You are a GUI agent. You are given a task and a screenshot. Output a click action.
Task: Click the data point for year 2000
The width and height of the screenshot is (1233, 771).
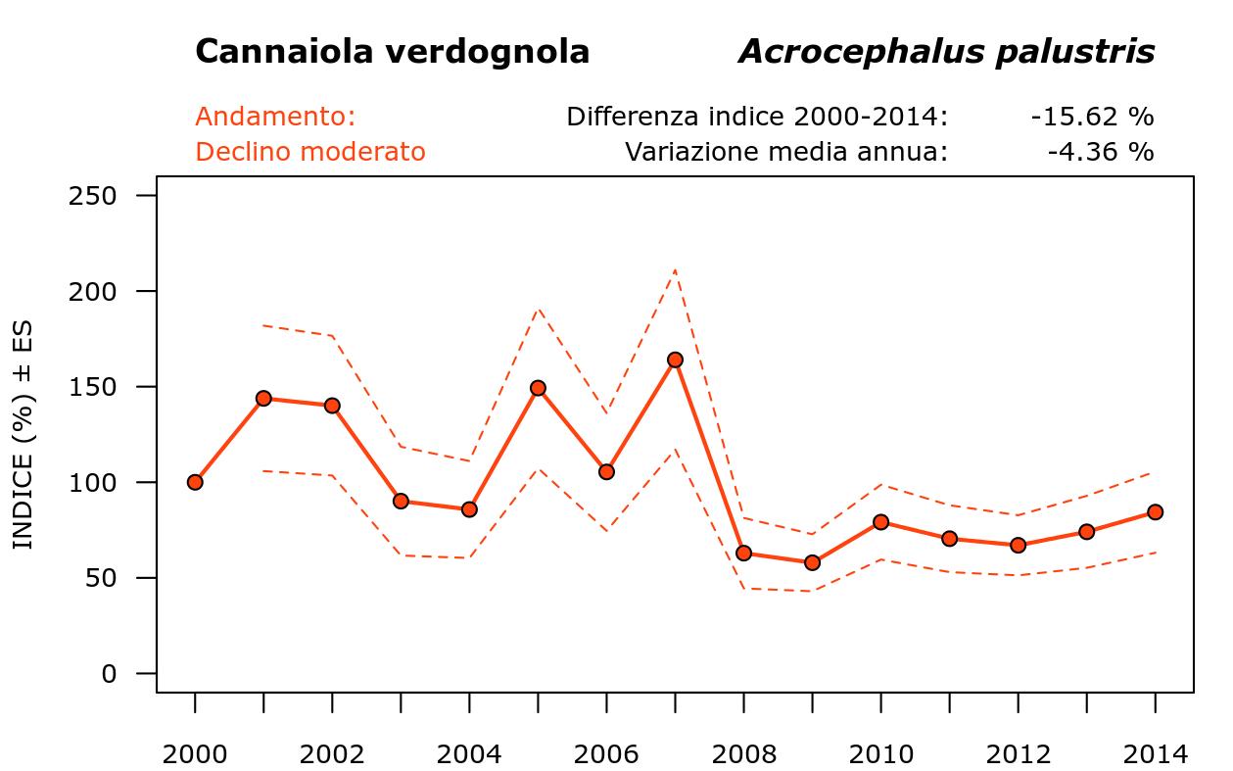pos(195,482)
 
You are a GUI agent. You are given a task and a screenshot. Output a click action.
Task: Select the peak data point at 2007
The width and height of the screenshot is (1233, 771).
pos(675,360)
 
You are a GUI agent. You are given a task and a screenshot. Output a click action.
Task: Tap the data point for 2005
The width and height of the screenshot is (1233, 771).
pos(538,388)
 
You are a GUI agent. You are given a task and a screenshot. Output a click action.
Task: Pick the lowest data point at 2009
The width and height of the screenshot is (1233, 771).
pos(812,562)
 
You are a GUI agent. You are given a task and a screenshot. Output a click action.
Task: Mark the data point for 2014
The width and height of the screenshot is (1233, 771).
pos(1155,511)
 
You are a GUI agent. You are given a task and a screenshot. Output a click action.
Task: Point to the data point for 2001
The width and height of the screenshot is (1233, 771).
pos(263,398)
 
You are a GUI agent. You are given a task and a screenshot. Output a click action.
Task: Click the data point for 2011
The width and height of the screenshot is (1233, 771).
pos(949,539)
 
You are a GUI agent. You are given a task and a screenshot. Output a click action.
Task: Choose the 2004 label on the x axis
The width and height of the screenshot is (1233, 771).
pos(469,754)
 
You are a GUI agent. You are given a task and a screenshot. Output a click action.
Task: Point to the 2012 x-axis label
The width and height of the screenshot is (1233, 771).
pos(1018,754)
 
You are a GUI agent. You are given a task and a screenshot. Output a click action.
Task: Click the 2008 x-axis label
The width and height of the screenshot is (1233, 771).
pos(743,754)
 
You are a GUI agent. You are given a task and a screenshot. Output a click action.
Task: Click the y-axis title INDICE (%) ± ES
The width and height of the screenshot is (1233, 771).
pos(23,434)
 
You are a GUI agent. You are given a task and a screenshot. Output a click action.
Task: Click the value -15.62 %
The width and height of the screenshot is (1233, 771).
pos(1092,117)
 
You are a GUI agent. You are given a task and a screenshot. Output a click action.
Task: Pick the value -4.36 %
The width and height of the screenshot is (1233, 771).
pos(1100,152)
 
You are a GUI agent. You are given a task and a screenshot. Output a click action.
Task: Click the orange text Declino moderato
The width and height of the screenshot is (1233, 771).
pos(310,152)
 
